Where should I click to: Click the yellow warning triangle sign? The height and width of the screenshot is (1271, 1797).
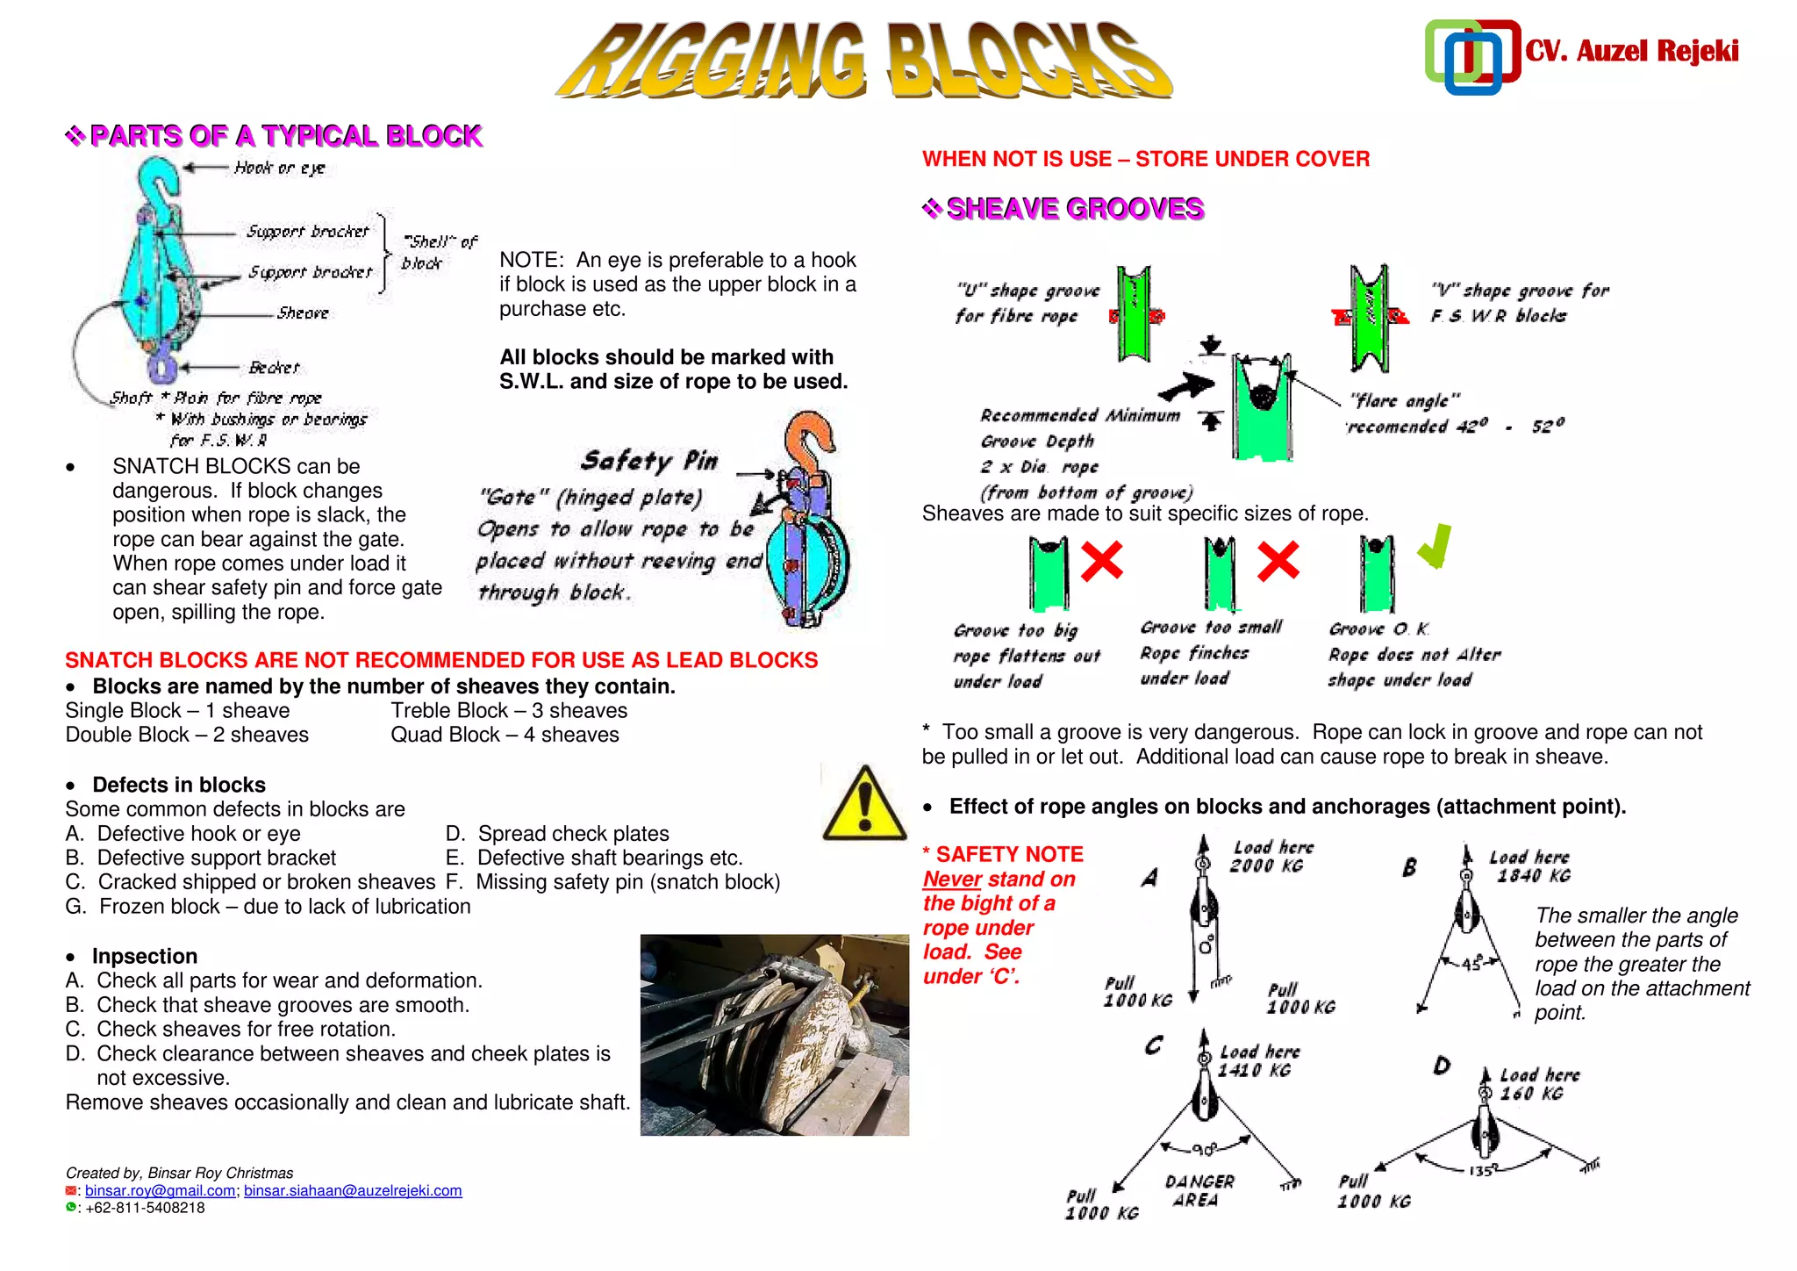[864, 803]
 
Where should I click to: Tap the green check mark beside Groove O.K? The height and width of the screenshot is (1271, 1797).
[1435, 546]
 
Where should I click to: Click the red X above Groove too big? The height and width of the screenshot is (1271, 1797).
[1101, 561]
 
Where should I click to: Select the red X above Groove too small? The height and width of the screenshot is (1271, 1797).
[1278, 561]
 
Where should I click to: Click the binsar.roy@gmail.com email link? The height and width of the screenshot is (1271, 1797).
[160, 1190]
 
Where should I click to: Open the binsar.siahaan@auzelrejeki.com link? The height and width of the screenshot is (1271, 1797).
[353, 1190]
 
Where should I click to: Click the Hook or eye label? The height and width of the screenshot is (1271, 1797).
[280, 168]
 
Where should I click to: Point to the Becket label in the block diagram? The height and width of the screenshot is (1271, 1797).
[274, 368]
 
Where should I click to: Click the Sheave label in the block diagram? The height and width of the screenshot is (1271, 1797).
[303, 313]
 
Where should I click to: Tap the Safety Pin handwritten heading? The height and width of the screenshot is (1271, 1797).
[649, 460]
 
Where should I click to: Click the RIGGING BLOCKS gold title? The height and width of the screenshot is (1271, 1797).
[863, 60]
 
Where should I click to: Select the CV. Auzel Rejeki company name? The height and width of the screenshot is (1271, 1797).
[1631, 51]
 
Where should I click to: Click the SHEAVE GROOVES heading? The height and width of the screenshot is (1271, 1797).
[1075, 209]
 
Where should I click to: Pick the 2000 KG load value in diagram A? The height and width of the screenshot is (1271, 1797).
[1266, 866]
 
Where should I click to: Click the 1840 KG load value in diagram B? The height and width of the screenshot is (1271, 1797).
[1534, 876]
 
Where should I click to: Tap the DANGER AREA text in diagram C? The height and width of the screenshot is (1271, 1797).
[1199, 1191]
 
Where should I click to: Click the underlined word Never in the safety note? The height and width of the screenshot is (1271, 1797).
[952, 880]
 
